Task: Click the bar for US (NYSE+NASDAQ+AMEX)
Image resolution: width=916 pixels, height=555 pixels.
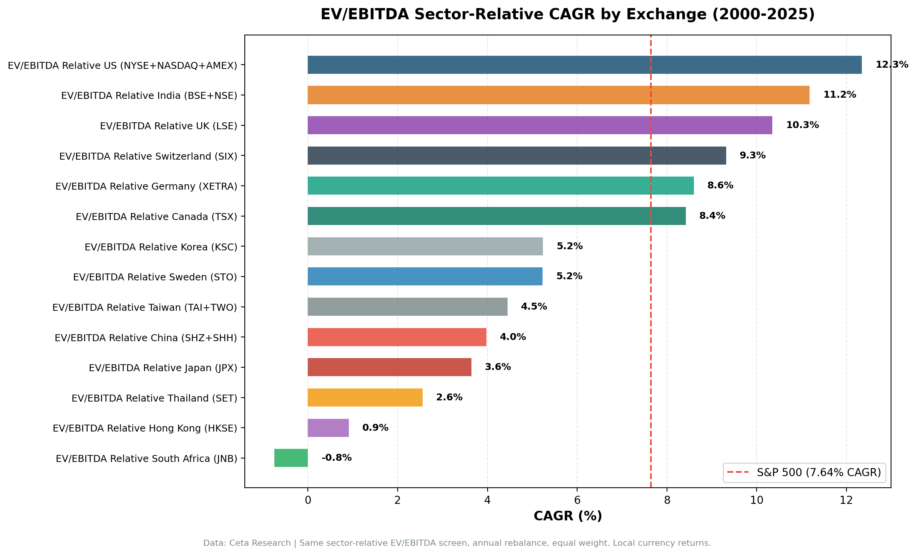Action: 584,65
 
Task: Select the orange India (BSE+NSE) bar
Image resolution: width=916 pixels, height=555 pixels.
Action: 558,95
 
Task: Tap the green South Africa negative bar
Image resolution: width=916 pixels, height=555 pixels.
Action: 291,458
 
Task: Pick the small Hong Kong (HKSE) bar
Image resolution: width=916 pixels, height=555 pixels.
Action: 328,428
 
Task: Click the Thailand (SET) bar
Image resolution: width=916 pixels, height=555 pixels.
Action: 365,397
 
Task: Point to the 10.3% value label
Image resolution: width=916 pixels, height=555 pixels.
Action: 802,125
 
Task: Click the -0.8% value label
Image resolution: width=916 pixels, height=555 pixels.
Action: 336,458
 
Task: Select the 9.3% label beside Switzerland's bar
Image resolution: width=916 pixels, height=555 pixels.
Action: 752,155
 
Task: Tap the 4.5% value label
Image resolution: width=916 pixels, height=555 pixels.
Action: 534,307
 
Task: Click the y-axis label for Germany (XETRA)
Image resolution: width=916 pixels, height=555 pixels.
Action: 146,186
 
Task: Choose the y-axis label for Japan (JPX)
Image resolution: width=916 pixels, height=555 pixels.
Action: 163,368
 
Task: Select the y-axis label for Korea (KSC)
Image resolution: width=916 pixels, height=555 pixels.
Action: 161,247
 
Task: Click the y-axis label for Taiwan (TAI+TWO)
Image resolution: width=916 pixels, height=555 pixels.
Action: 144,307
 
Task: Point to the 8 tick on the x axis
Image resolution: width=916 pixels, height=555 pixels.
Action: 667,500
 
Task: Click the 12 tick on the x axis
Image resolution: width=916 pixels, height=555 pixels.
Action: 846,500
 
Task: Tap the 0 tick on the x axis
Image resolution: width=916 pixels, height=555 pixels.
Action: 308,500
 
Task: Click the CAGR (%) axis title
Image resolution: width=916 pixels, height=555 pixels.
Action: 568,516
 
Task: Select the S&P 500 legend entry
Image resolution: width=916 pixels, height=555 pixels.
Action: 805,473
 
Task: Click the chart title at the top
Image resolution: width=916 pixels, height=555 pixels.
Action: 568,15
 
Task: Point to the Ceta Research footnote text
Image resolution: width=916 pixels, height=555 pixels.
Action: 457,543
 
